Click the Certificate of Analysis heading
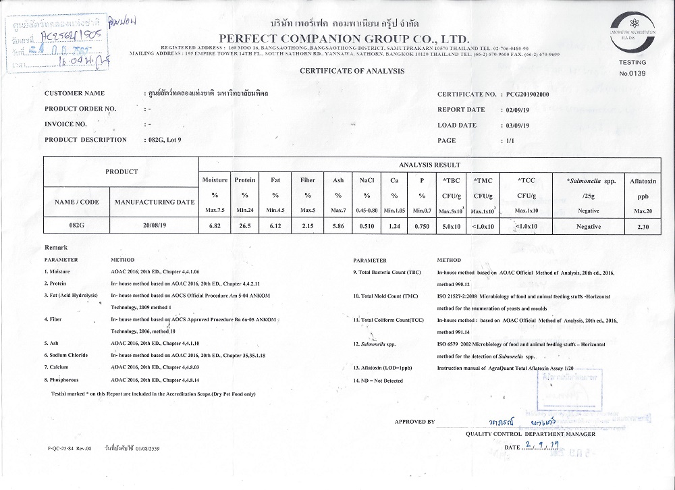click(352, 70)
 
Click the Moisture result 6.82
click(214, 227)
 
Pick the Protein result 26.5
click(244, 227)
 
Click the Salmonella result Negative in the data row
click(589, 227)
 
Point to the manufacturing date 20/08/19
click(155, 226)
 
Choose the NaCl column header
click(367, 180)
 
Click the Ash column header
click(338, 180)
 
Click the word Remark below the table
click(55, 248)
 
